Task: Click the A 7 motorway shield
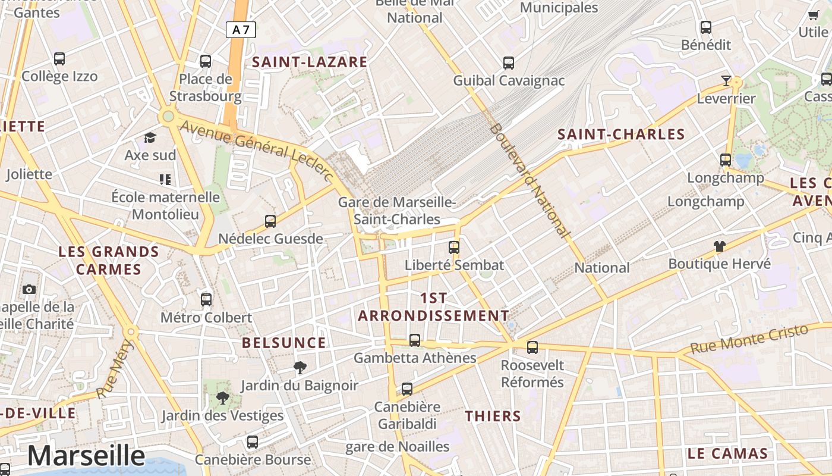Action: click(x=241, y=30)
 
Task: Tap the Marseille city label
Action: click(x=86, y=456)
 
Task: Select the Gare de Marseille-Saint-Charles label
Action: click(x=397, y=211)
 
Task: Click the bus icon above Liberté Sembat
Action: click(x=454, y=247)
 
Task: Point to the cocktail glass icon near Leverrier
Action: click(x=726, y=80)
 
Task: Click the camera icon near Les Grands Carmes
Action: click(x=29, y=289)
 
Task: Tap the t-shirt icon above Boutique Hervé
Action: click(x=720, y=246)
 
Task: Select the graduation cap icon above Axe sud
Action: click(x=150, y=137)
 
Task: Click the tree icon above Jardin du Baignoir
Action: click(x=300, y=368)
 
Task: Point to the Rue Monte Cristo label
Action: click(x=750, y=339)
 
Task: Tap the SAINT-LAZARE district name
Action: click(x=310, y=62)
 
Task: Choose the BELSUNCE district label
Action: click(x=284, y=343)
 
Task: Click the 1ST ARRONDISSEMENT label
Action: click(x=433, y=307)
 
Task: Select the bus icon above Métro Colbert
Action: click(x=206, y=299)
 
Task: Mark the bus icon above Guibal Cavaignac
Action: click(x=509, y=62)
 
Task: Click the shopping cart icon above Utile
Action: click(x=813, y=15)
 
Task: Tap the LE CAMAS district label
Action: click(x=727, y=453)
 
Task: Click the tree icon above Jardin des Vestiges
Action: click(x=223, y=397)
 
